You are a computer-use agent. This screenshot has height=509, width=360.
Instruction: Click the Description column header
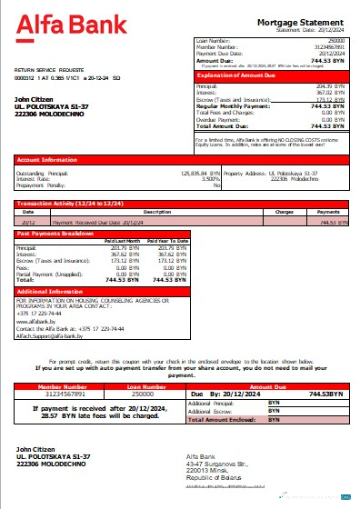[x=157, y=212]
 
